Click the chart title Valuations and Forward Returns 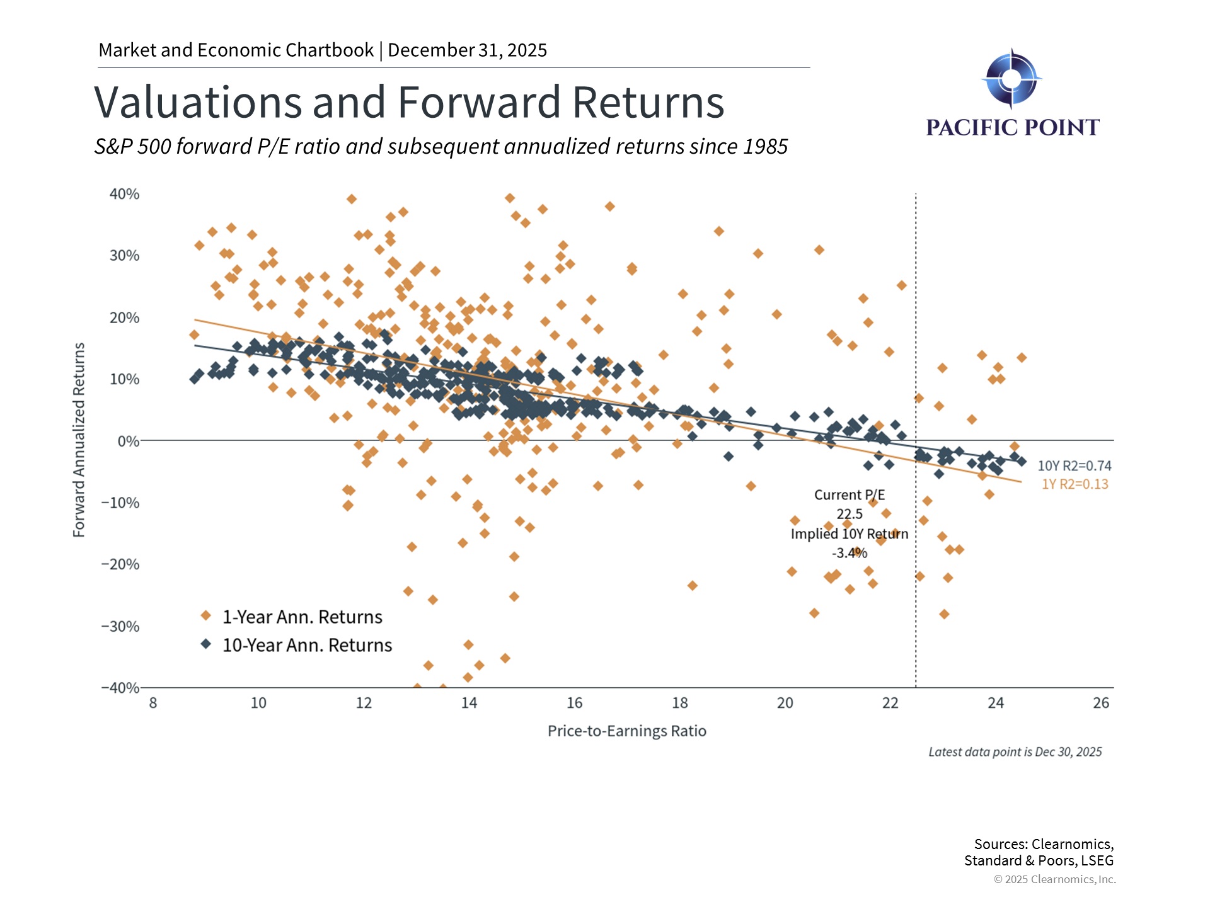pos(409,102)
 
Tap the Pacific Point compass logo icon pos(1011,79)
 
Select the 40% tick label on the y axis pos(124,194)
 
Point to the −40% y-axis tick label pos(120,687)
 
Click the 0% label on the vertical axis pos(129,441)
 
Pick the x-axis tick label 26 pos(1100,703)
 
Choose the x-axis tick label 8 pos(153,703)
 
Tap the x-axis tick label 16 pos(574,703)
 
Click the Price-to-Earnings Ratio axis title pos(626,731)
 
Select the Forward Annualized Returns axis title pos(79,440)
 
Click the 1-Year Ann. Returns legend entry pos(302,617)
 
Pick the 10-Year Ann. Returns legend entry pos(307,645)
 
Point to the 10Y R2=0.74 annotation pos(1074,465)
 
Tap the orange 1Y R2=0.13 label pos(1074,484)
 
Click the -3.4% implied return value pos(849,553)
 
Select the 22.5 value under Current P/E pos(849,514)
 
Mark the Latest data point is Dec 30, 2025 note pos(1015,751)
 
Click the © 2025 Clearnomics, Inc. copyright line pos(1054,879)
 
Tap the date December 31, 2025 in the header pos(467,50)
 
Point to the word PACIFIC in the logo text pos(971,127)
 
